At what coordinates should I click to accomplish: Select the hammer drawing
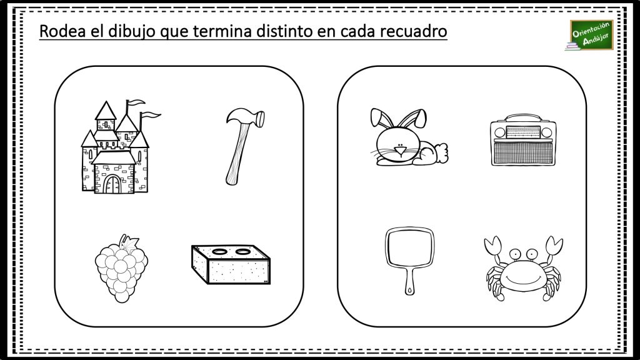(236, 147)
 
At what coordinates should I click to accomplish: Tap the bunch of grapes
(121, 267)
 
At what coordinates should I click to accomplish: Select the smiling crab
(522, 267)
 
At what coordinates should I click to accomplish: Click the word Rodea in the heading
(61, 31)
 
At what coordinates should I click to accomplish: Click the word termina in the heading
(222, 31)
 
